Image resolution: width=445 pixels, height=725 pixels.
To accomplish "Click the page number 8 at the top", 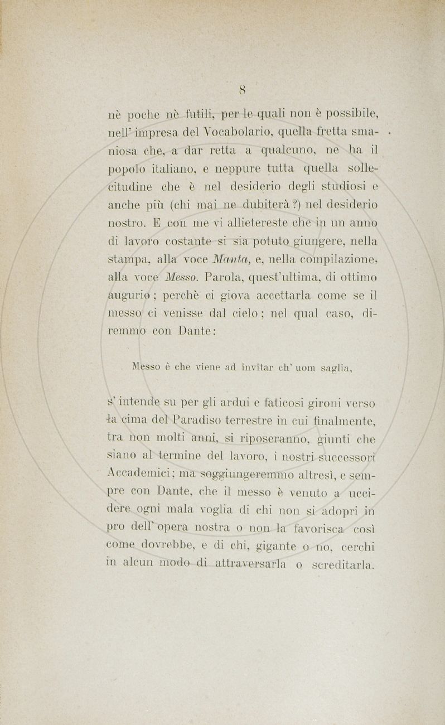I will pos(243,89).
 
